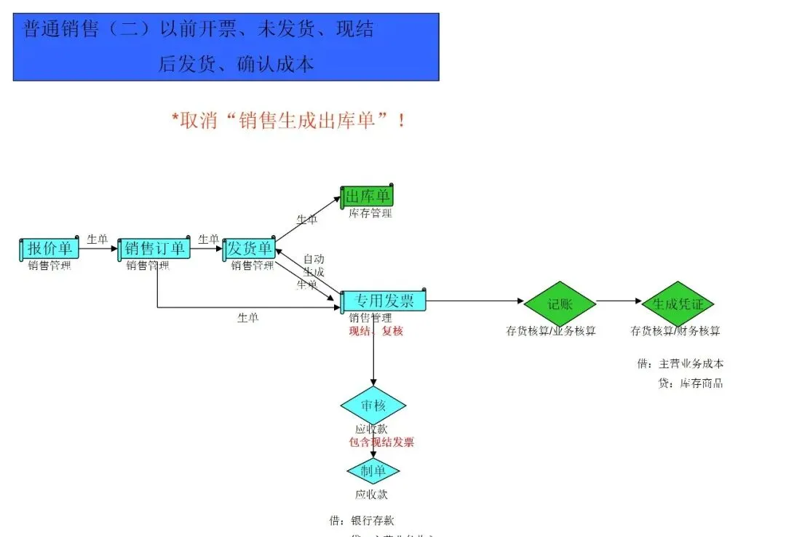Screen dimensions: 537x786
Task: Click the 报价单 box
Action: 49,249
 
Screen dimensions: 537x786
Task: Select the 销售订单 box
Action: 154,249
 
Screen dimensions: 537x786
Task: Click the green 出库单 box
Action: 367,196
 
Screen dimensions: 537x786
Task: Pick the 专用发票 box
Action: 384,301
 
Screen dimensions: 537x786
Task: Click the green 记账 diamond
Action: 560,304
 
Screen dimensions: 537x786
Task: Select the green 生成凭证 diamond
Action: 678,304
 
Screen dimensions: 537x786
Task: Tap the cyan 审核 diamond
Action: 373,406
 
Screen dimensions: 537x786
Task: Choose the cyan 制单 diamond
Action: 373,472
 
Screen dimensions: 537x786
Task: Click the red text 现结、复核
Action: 376,331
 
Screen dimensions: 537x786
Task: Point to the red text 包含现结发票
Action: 381,442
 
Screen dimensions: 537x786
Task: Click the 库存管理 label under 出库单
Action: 370,213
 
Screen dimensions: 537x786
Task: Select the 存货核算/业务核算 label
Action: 551,331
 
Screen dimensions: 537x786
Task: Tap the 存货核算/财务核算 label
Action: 675,331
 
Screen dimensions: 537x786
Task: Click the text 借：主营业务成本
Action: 680,364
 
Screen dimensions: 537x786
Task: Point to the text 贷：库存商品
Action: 690,383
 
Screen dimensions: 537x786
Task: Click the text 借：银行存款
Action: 361,520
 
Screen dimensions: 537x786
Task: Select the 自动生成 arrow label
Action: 314,265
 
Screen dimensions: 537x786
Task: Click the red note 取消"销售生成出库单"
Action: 289,121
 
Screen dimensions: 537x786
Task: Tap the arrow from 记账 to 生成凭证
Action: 619,301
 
